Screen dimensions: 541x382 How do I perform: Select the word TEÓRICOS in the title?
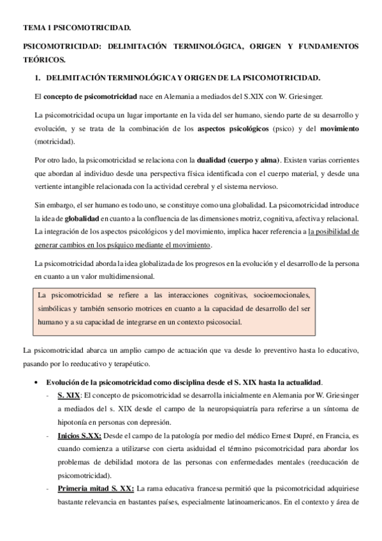click(44, 61)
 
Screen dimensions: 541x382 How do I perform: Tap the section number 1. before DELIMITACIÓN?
click(38, 78)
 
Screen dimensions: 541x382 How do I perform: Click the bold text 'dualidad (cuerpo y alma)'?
click(218, 161)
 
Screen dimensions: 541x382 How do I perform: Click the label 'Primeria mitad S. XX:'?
click(95, 488)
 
